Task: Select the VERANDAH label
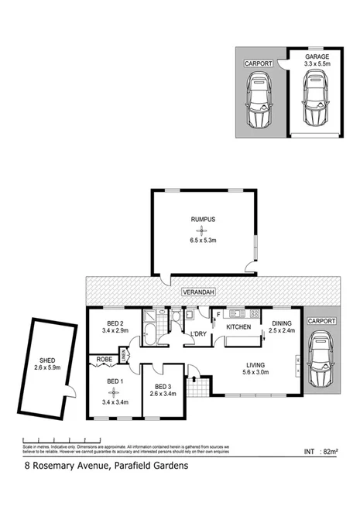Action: (199, 292)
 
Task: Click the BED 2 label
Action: (115, 323)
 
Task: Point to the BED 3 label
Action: (162, 388)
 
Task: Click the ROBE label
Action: (103, 359)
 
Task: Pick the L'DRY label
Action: (199, 333)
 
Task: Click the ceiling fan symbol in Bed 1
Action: (115, 392)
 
